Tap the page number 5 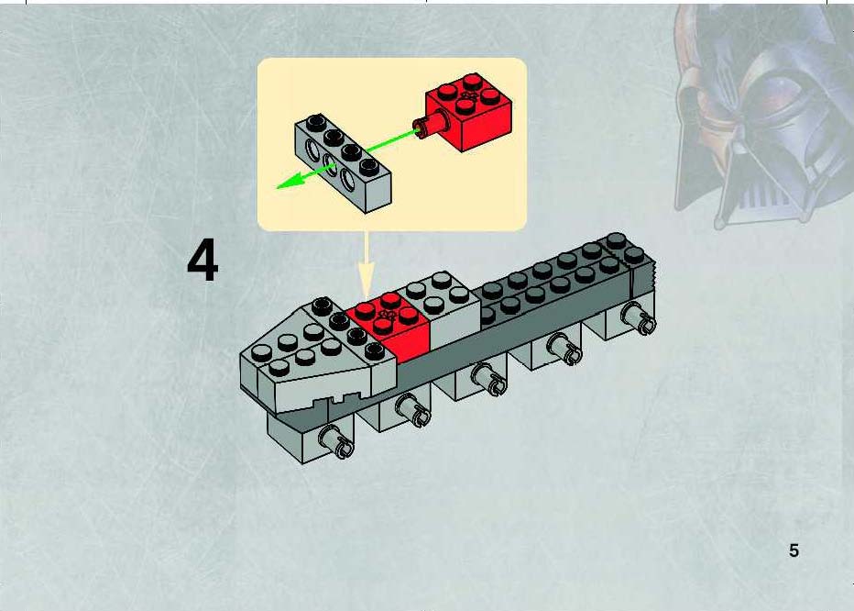tap(794, 550)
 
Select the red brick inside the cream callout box tap(469, 112)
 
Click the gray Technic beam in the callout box tap(343, 162)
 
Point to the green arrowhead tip tap(278, 188)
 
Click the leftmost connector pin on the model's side tap(335, 442)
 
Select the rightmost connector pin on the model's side tap(639, 318)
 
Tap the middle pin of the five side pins tap(488, 379)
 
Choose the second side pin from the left tap(412, 410)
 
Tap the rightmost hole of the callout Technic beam tap(348, 178)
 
